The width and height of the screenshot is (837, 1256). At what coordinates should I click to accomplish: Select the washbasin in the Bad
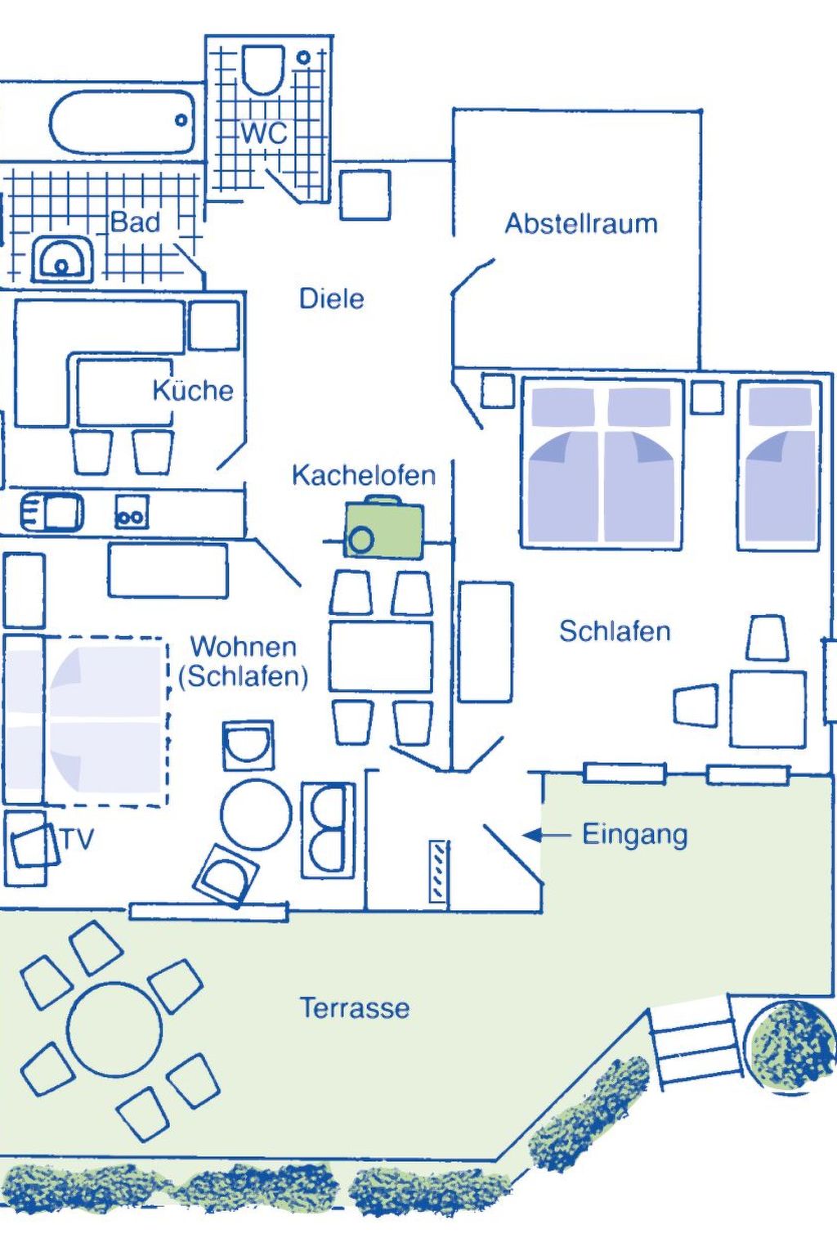pyautogui.click(x=61, y=260)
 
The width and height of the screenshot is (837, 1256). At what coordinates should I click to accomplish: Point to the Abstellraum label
pyautogui.click(x=580, y=223)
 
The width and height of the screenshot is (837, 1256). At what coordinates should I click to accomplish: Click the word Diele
pyautogui.click(x=331, y=298)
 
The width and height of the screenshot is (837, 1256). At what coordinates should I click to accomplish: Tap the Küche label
pyautogui.click(x=193, y=390)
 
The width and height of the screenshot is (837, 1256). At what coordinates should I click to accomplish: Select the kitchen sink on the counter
pyautogui.click(x=52, y=513)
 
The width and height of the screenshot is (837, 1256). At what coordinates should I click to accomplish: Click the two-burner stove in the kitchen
pyautogui.click(x=131, y=513)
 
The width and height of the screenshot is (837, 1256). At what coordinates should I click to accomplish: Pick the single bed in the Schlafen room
pyautogui.click(x=780, y=464)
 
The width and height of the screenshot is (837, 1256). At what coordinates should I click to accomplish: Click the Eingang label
pyautogui.click(x=634, y=835)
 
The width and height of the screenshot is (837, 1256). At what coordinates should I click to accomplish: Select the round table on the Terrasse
pyautogui.click(x=114, y=1029)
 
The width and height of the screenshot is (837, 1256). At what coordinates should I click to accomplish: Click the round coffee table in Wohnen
pyautogui.click(x=256, y=814)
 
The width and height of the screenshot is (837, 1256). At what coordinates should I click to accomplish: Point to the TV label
pyautogui.click(x=78, y=839)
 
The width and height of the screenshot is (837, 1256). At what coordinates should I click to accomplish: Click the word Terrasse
pyautogui.click(x=354, y=1007)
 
